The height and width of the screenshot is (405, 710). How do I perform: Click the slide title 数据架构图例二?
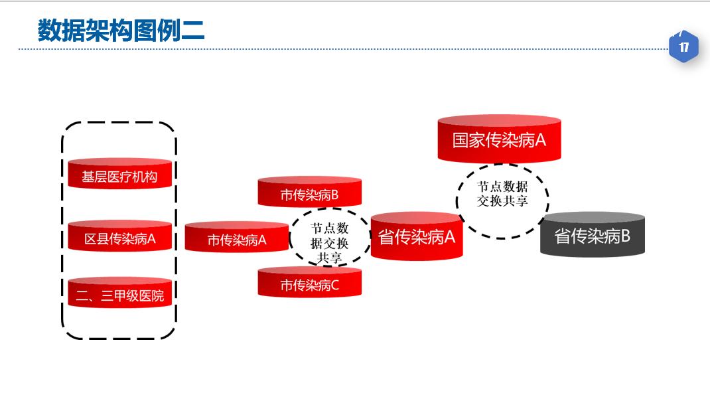(x=121, y=31)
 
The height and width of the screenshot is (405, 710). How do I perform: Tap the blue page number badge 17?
(x=683, y=47)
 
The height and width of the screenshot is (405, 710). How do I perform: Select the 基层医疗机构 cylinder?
(x=119, y=175)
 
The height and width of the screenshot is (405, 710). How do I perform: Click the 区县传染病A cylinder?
(x=119, y=237)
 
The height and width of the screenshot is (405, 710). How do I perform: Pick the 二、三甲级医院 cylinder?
(x=119, y=294)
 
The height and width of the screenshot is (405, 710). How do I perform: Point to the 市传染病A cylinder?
(x=236, y=238)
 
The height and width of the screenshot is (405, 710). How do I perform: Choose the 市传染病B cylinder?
(x=309, y=193)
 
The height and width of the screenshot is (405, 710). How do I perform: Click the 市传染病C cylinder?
(x=309, y=283)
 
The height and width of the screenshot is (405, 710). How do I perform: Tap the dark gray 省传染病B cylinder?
(x=592, y=235)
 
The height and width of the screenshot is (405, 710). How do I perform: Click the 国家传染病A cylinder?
(x=499, y=139)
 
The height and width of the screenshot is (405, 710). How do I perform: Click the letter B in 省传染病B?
(x=624, y=236)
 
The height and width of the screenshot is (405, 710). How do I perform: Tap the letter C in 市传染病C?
(x=334, y=285)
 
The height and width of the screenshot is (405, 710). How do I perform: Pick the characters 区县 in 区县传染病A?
(x=96, y=239)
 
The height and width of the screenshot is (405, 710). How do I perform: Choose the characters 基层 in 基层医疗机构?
(x=94, y=177)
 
